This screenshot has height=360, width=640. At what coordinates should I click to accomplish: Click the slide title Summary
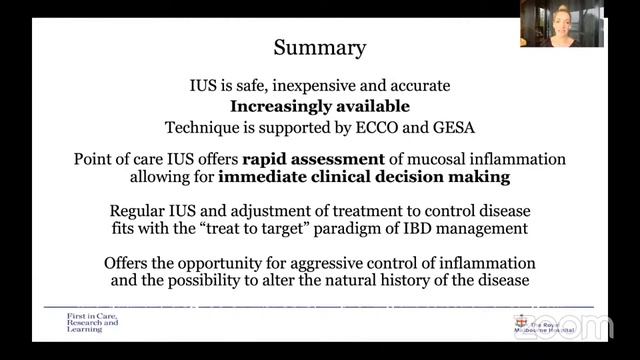point(320,47)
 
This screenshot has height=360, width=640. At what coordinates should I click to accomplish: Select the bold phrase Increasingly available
point(320,106)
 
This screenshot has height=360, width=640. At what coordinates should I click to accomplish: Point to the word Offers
point(128,263)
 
